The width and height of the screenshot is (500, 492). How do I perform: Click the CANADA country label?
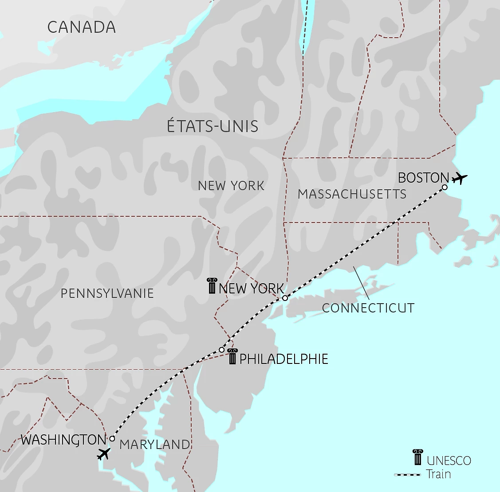click(82, 27)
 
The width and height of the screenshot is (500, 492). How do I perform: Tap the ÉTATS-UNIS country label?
click(213, 126)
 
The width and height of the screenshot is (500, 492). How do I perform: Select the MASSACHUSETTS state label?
click(352, 194)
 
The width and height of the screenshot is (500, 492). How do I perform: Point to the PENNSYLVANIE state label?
click(107, 293)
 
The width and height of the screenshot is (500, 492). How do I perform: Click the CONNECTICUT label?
click(368, 308)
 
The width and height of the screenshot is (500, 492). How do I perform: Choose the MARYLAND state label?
click(154, 445)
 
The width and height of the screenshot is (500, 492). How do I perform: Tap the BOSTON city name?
click(423, 178)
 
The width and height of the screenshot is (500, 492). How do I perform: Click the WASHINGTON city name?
click(63, 440)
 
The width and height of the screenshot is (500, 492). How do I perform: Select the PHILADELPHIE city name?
click(284, 359)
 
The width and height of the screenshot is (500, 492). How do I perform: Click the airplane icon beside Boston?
click(460, 179)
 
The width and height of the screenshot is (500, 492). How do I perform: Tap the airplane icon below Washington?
click(103, 454)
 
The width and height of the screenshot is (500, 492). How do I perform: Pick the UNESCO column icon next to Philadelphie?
click(232, 357)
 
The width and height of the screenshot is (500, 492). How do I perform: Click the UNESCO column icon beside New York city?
click(212, 286)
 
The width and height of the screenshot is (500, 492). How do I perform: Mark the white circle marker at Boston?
click(445, 187)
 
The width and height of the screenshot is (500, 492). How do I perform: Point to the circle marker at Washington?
click(112, 438)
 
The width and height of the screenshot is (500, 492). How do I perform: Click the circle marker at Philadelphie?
click(222, 350)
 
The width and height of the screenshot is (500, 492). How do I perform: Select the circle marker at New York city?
click(285, 298)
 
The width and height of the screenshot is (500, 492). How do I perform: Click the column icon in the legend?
click(417, 457)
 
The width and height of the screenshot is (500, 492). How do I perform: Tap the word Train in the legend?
click(438, 474)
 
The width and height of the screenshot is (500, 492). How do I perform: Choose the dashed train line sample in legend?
click(407, 475)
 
